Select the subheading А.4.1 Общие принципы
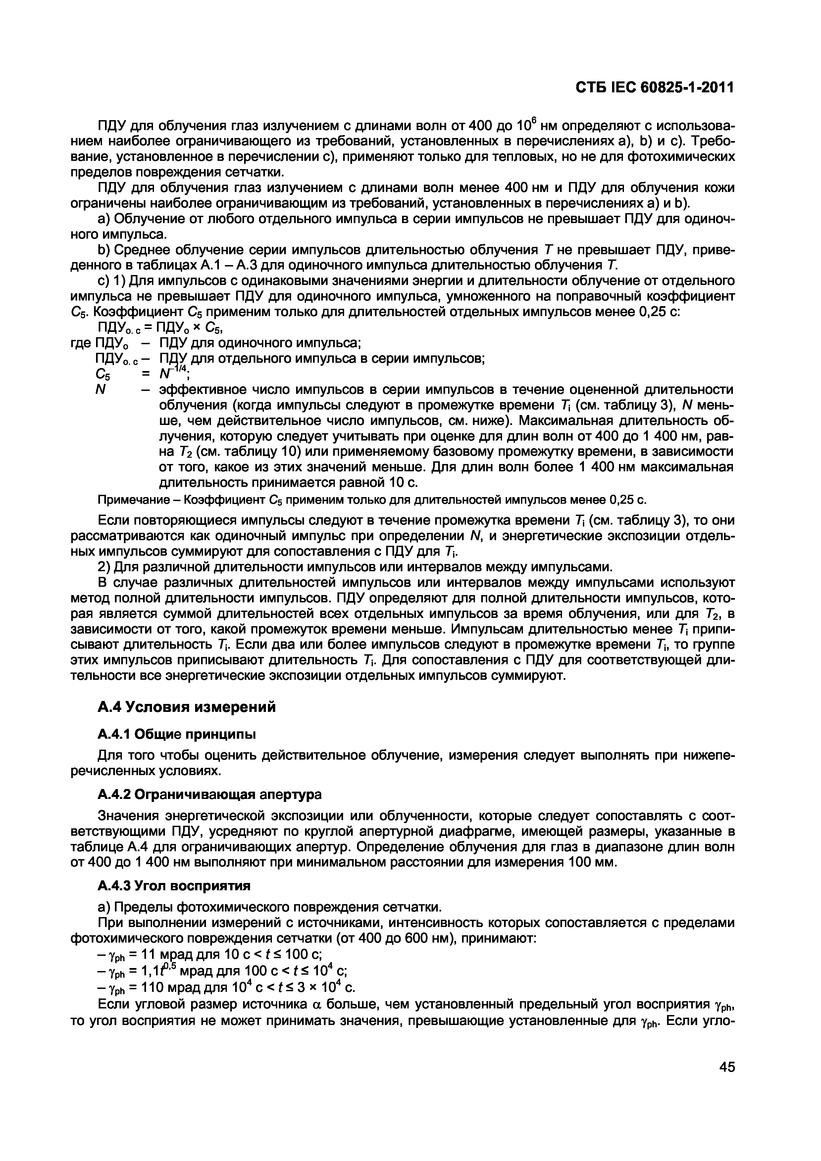(x=176, y=734)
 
